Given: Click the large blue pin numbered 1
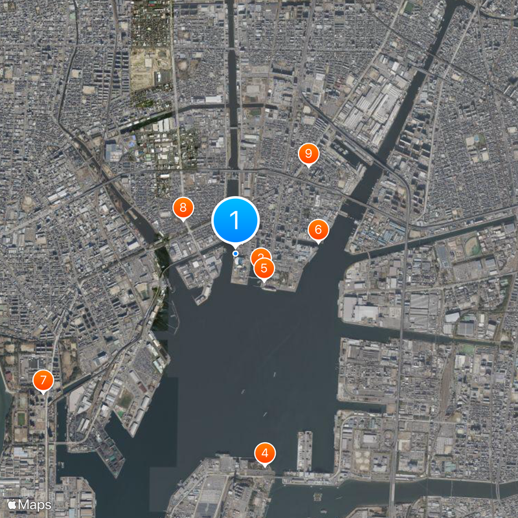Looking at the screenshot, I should click(236, 221).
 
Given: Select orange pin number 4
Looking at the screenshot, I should click(264, 453).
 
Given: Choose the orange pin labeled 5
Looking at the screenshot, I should click(264, 267).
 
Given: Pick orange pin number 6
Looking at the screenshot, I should click(318, 230).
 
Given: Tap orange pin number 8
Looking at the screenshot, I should click(183, 208).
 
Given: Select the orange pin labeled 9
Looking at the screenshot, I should click(308, 153).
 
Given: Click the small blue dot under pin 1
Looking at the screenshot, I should click(236, 253).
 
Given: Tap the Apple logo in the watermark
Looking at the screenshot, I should click(12, 504).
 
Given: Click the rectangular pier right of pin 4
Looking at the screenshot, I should click(304, 451).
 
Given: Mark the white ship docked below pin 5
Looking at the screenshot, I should click(269, 288).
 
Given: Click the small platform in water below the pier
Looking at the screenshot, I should click(317, 495).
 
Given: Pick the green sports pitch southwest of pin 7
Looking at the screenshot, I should click(21, 418).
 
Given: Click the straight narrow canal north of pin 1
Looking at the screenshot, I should click(231, 97).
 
